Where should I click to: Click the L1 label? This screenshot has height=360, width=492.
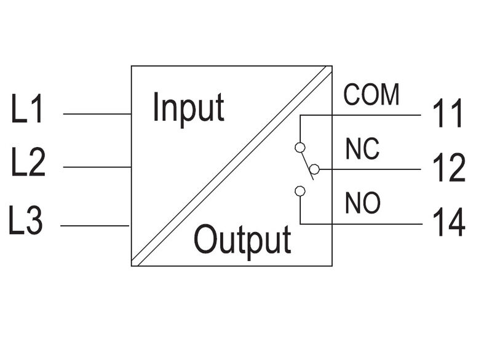(x=28, y=110)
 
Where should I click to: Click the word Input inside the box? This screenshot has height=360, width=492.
(x=188, y=108)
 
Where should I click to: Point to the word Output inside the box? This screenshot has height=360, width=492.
(x=242, y=240)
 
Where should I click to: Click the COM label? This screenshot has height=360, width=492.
(x=371, y=95)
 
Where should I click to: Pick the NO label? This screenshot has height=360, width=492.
(x=363, y=203)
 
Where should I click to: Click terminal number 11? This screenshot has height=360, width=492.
(x=448, y=114)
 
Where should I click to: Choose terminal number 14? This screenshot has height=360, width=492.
(x=448, y=223)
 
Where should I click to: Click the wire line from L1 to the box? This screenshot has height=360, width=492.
(x=97, y=114)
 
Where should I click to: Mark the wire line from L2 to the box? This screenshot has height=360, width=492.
(x=97, y=167)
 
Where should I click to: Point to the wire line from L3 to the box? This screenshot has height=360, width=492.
(x=95, y=226)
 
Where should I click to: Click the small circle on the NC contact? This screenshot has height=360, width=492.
(x=315, y=169)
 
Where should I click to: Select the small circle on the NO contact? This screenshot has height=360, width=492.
(x=300, y=191)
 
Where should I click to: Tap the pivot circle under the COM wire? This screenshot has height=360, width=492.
(x=300, y=147)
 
